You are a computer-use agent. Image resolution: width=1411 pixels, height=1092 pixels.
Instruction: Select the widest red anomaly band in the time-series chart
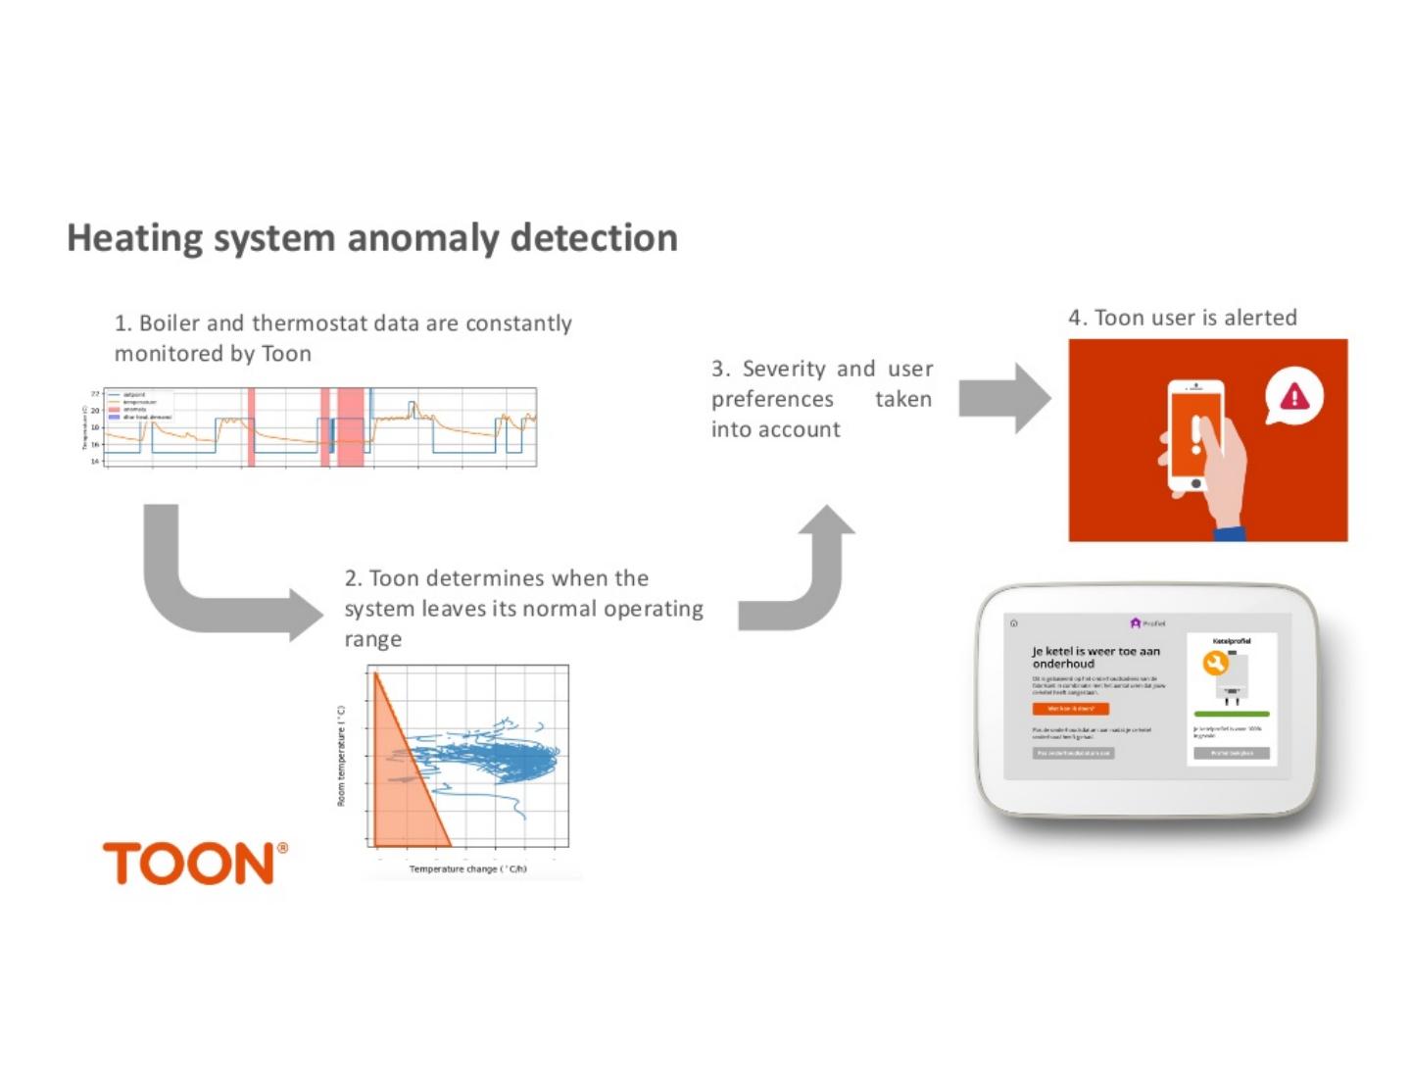[350, 427]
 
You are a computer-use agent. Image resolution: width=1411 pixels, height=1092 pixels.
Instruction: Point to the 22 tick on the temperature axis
[95, 394]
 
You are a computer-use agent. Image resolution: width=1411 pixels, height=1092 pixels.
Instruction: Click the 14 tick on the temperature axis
[95, 461]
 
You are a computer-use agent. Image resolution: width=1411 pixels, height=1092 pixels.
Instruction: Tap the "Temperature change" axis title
[467, 869]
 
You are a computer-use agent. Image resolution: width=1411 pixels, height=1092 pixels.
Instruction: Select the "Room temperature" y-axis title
[342, 756]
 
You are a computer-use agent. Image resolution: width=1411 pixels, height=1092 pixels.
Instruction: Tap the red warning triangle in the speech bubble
[1294, 397]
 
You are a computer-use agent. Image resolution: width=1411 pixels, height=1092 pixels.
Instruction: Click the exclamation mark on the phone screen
[1195, 431]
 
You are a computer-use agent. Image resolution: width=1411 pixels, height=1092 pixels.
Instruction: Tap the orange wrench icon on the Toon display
[1215, 664]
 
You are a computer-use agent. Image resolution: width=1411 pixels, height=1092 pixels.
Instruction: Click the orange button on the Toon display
[1070, 709]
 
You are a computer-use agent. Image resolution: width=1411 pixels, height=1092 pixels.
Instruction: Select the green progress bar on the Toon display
[1232, 714]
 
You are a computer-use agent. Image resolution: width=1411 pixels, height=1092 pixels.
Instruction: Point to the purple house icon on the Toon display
[1136, 623]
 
